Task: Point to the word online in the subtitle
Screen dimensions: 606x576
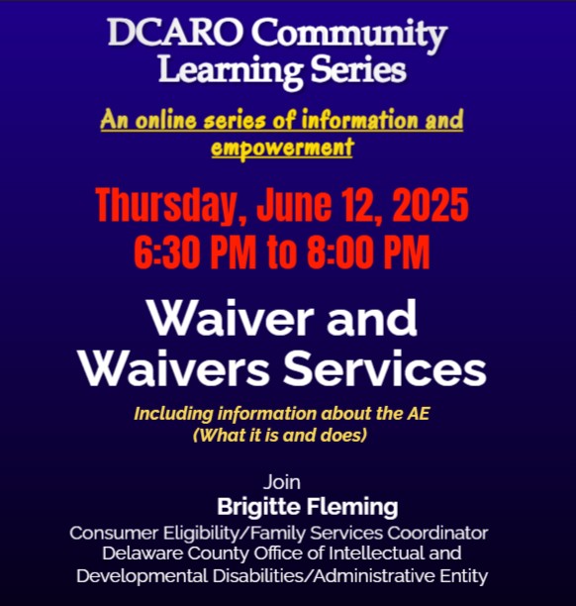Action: point(160,122)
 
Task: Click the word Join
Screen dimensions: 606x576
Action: point(283,483)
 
